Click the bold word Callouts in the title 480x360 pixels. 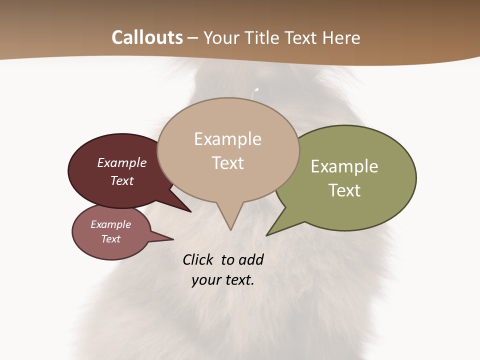147,37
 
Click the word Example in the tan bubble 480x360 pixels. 227,139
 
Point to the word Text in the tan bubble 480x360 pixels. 227,163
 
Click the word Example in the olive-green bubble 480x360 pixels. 344,166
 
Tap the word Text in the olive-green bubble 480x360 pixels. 344,190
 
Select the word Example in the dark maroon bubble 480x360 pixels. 122,163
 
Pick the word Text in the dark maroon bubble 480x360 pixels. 122,180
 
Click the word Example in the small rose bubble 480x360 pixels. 110,224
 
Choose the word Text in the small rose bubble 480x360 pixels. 110,239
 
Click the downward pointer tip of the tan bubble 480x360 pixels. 230,229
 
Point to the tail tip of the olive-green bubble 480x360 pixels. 267,235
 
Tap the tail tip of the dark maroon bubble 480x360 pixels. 190,211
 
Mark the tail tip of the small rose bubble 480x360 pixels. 172,239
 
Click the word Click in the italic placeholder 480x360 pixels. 198,260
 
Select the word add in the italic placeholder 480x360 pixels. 251,260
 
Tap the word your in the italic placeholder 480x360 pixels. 205,280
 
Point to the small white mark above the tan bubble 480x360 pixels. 256,91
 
